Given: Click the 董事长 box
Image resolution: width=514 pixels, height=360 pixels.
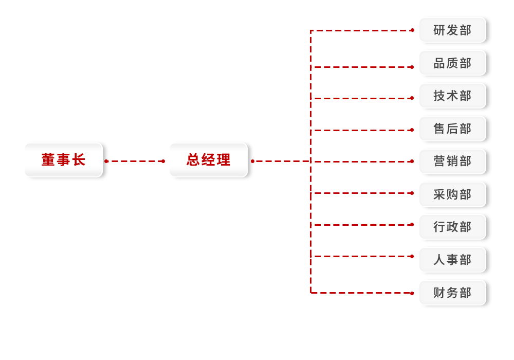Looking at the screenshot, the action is (64, 160).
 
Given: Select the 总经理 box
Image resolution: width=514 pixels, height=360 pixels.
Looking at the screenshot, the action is (209, 160).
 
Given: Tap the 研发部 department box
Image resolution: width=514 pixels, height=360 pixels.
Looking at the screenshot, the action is (453, 30).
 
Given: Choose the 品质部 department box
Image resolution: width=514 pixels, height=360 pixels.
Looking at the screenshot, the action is (453, 63).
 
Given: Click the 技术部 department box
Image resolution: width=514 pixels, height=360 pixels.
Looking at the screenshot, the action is (453, 96).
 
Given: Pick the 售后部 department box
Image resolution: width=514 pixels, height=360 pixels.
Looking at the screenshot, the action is (453, 129).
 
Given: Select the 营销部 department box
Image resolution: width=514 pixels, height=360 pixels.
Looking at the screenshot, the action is (453, 161).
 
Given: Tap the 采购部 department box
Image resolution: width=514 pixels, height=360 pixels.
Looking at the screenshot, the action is (453, 194).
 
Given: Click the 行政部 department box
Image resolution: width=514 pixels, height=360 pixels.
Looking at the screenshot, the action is (453, 227).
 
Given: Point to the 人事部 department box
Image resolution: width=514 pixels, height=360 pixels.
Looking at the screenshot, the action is (453, 260).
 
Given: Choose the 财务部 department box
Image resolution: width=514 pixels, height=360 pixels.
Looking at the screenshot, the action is (453, 293).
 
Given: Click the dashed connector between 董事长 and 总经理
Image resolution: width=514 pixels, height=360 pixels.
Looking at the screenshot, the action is (135, 161).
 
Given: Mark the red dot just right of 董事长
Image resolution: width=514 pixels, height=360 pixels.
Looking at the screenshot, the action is (106, 161).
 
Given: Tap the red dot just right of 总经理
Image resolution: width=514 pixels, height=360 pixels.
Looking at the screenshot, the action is (253, 161).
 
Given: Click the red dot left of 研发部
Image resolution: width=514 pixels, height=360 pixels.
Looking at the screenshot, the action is (412, 30).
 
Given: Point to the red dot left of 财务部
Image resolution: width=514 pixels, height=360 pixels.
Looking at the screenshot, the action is (412, 293).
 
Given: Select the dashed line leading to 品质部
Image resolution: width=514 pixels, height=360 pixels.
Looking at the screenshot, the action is (362, 67).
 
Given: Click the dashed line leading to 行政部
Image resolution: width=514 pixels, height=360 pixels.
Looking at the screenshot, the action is (362, 225).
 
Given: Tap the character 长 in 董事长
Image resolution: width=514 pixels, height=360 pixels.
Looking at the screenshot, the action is (79, 160).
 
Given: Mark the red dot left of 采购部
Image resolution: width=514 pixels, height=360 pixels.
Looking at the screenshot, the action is (412, 193).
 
